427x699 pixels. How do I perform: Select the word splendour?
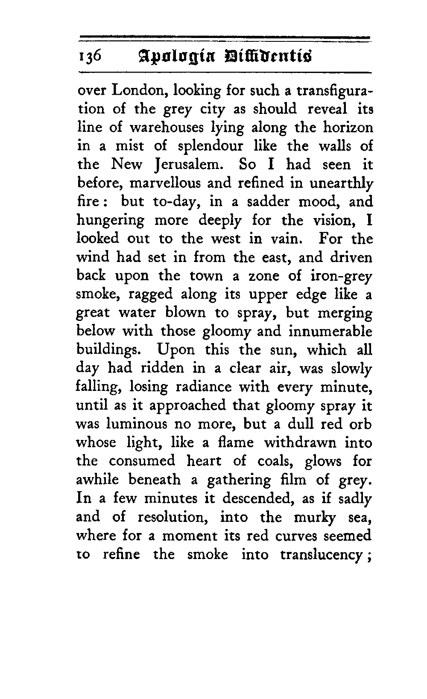point(209,146)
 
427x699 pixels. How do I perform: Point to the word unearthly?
point(341,183)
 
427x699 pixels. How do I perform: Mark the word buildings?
point(109,350)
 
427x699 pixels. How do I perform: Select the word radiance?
point(205,387)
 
